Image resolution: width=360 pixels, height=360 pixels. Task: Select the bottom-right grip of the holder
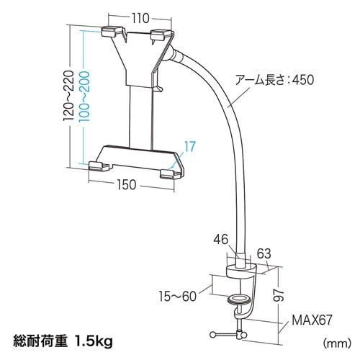coord(170,173)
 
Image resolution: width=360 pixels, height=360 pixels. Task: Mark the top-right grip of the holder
coord(159,33)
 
